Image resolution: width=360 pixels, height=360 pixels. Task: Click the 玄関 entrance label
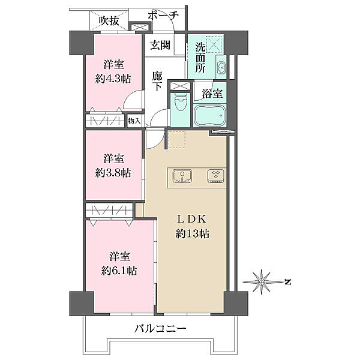point(160,46)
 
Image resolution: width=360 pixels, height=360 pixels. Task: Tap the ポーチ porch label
point(163,16)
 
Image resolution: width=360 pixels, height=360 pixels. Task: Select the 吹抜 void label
point(109,21)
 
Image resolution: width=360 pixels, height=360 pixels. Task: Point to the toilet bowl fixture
point(181,101)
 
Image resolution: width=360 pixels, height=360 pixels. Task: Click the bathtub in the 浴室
point(210,115)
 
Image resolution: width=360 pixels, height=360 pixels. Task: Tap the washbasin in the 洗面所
point(221,67)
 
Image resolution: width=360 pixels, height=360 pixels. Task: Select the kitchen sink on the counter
point(182,176)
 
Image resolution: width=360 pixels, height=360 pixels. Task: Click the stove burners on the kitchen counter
point(215,176)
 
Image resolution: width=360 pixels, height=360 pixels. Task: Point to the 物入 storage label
point(134,121)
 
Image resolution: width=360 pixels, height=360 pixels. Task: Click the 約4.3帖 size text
point(113,79)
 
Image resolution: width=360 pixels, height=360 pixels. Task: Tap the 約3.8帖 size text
point(113,173)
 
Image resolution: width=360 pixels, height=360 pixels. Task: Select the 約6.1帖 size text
point(119,271)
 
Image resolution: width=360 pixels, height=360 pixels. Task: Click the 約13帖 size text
point(193,234)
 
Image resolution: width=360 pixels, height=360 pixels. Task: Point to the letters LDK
point(193,219)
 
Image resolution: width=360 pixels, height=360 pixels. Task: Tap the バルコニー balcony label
point(160,329)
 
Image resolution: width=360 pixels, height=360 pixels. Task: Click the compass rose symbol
point(262,281)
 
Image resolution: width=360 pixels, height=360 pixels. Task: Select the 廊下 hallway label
point(157,81)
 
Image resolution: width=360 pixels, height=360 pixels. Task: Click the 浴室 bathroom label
point(212,94)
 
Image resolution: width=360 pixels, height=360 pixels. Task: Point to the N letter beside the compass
point(287,282)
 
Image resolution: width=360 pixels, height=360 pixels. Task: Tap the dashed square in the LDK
point(176,140)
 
